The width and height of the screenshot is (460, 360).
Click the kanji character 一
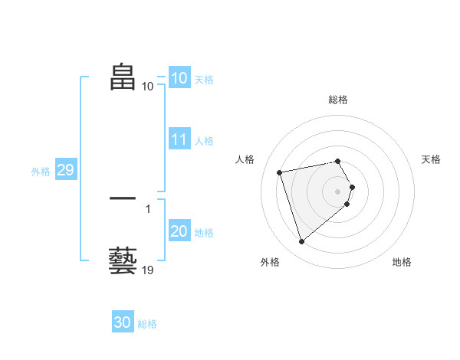click(123, 199)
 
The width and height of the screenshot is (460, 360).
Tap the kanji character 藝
click(123, 261)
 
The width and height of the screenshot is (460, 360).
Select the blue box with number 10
click(179, 78)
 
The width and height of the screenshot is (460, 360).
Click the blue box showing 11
click(179, 140)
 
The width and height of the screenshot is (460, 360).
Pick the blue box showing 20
click(179, 232)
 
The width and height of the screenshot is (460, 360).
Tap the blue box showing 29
click(65, 171)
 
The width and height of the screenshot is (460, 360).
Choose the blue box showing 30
click(123, 322)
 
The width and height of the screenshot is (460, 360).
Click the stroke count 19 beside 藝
click(148, 270)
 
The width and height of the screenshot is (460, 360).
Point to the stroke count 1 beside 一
click(148, 208)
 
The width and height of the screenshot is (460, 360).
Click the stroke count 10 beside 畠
click(148, 86)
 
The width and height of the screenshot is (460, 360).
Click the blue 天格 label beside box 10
click(204, 80)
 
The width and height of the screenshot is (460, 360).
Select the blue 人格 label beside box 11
click(204, 141)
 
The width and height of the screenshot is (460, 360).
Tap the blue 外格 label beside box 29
click(41, 172)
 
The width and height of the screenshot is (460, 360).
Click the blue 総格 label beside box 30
click(147, 324)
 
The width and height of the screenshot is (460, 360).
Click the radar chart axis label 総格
click(338, 100)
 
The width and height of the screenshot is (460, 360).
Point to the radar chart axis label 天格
click(432, 159)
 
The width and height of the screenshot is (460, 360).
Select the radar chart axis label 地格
click(402, 262)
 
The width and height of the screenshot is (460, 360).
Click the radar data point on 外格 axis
click(301, 242)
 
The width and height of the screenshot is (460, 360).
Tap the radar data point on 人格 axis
click(280, 172)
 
